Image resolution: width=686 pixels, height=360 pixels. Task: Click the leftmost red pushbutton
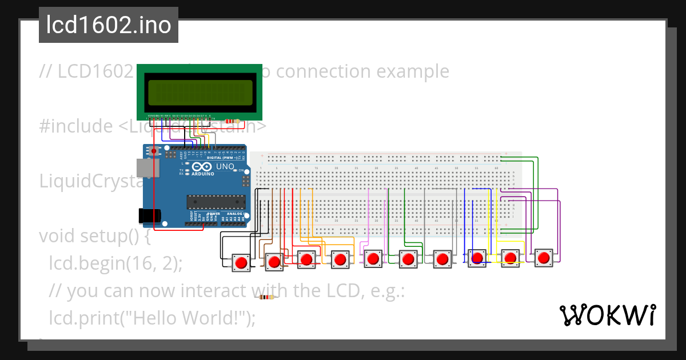[241, 262]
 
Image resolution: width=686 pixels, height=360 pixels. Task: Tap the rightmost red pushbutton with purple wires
[544, 258]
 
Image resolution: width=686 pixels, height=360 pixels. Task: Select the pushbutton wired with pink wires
[374, 259]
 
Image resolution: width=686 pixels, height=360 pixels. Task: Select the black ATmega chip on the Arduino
[216, 201]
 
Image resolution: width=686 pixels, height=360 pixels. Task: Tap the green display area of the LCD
[200, 93]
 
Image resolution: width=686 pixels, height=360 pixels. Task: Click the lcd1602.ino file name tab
[109, 26]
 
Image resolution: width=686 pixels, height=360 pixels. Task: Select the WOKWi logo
[607, 315]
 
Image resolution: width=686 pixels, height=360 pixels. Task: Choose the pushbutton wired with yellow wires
[510, 259]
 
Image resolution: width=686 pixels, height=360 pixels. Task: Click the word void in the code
[59, 236]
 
